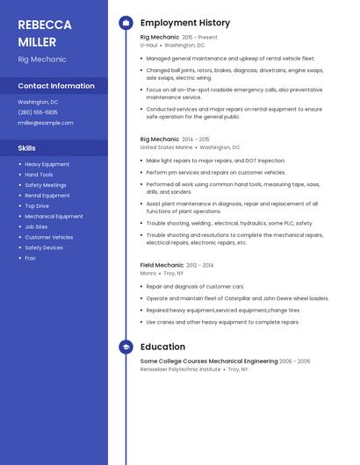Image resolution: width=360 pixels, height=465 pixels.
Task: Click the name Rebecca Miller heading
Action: (x=38, y=32)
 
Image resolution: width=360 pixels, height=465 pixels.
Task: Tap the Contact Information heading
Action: (x=56, y=86)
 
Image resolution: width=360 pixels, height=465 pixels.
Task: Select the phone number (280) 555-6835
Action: (x=38, y=112)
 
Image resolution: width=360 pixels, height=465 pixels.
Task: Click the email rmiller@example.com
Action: (x=46, y=123)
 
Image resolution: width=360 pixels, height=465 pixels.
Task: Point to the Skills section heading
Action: (x=27, y=148)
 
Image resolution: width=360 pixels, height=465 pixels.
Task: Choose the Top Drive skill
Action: (x=37, y=205)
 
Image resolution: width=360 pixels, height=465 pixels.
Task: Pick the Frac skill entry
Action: (x=30, y=258)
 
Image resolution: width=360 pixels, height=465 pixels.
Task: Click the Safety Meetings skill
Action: (x=45, y=185)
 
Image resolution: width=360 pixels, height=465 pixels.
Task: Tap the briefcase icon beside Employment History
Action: (x=126, y=23)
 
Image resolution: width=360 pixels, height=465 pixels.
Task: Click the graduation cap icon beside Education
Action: (x=126, y=347)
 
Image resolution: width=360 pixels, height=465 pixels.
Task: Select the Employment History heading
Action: (x=185, y=23)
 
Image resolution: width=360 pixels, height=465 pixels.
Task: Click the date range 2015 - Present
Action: (x=199, y=38)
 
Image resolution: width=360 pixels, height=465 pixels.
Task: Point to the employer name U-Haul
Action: (x=148, y=45)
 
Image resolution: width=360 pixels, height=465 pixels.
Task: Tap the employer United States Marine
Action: (x=166, y=147)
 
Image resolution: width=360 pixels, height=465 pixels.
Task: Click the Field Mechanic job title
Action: (x=162, y=265)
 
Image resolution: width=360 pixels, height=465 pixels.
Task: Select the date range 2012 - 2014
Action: (x=199, y=265)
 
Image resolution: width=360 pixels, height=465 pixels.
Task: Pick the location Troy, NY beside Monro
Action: (x=174, y=273)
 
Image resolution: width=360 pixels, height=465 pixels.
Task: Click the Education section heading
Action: (x=162, y=347)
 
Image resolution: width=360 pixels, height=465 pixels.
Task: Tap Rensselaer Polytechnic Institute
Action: (x=180, y=369)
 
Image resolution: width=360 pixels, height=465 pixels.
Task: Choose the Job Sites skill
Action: (x=36, y=226)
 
